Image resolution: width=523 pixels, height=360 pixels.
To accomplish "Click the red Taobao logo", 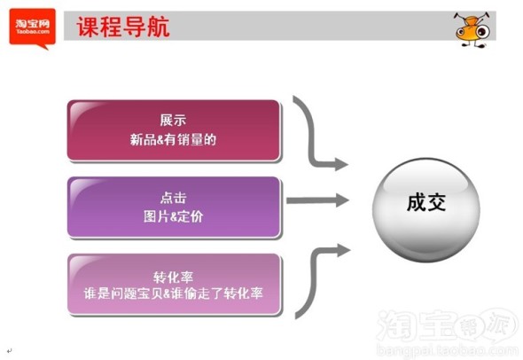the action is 32,28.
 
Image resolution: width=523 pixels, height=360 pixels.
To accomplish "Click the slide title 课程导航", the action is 123,27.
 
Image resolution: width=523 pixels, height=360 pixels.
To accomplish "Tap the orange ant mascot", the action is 472,29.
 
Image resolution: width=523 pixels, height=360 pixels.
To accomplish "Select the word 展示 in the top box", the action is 173,121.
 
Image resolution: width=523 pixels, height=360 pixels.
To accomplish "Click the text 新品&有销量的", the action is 173,139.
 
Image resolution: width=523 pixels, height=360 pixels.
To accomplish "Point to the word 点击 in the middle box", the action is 173,198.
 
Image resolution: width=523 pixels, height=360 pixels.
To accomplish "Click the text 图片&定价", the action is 173,216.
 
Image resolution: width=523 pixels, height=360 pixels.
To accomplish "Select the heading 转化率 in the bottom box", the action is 173,277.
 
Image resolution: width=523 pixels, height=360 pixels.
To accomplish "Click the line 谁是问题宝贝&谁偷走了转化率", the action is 173,293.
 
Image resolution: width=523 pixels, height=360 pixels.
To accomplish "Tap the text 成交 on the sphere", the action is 426,202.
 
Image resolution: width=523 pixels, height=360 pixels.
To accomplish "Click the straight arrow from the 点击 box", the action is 317,200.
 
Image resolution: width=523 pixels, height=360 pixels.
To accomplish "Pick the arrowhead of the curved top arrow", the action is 341,164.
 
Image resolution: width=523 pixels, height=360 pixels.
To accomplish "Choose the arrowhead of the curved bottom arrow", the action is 344,250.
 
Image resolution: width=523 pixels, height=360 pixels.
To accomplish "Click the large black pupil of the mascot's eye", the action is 482,32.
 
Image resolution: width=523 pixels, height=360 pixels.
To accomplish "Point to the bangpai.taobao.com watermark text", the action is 448,350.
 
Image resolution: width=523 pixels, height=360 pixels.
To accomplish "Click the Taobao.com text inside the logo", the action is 33,32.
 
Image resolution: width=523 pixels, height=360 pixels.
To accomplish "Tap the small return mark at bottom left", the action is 10,350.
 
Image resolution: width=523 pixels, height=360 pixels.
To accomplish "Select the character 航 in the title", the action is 159,27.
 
